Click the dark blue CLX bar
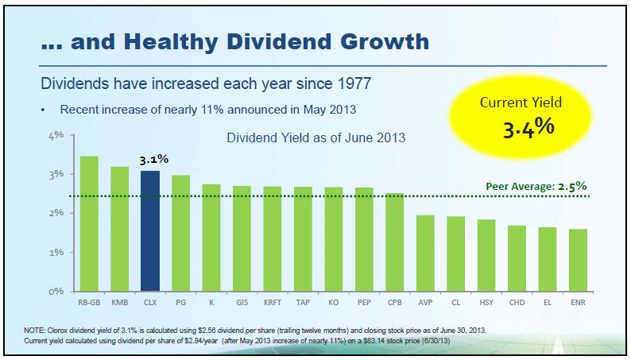(x=150, y=230)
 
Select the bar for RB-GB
(x=89, y=223)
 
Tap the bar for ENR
(x=578, y=260)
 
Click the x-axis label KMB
(x=119, y=302)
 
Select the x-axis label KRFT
(x=273, y=302)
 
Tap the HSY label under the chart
(x=486, y=302)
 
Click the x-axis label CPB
(x=395, y=302)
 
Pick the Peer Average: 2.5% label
(x=536, y=187)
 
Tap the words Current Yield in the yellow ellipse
(x=521, y=103)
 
